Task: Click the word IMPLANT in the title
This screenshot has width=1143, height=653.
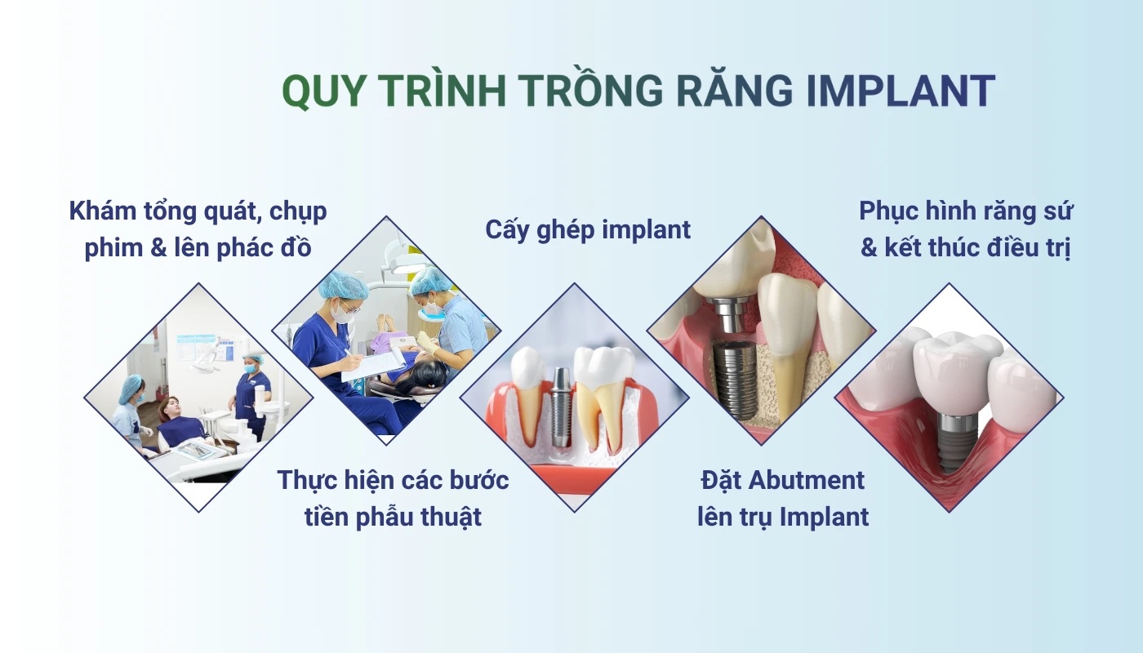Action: [901, 91]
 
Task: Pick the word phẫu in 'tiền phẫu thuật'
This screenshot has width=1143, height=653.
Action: [385, 518]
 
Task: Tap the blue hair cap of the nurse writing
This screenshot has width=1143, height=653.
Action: [344, 285]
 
